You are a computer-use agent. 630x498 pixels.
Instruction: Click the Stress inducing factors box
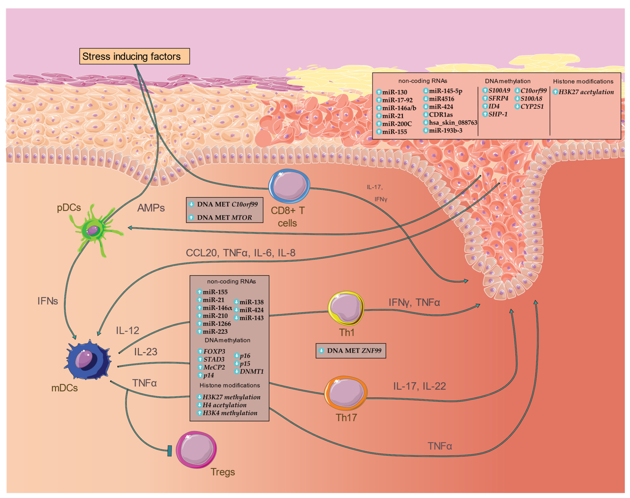click(135, 56)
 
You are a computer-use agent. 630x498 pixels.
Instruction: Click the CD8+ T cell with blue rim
click(289, 186)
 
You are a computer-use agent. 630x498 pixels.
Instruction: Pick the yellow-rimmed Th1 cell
click(346, 308)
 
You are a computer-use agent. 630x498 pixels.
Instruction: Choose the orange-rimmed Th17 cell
click(346, 393)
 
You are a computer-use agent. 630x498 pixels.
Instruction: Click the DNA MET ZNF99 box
click(351, 351)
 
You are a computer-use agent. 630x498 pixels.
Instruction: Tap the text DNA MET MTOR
click(224, 218)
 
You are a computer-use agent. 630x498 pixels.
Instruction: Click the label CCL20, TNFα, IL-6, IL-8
click(240, 253)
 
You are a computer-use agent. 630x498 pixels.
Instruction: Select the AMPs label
click(151, 208)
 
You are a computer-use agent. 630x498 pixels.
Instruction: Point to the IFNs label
click(47, 301)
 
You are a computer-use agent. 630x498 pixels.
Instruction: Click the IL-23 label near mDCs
click(146, 352)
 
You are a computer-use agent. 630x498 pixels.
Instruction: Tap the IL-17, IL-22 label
click(419, 386)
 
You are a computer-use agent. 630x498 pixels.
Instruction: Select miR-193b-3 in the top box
click(445, 131)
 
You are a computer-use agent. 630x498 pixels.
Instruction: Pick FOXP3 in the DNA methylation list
click(214, 351)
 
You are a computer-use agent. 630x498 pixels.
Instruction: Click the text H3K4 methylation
click(230, 413)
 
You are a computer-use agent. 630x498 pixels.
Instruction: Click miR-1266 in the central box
click(216, 324)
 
